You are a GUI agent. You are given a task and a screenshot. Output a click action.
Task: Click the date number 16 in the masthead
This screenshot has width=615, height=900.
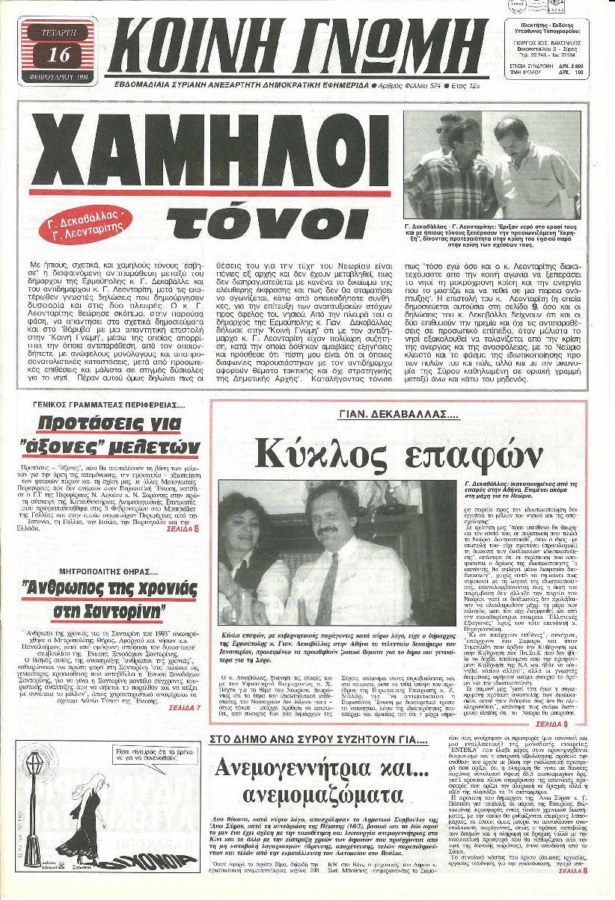(58, 54)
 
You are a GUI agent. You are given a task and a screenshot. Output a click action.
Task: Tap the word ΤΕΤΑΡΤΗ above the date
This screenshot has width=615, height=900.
(58, 33)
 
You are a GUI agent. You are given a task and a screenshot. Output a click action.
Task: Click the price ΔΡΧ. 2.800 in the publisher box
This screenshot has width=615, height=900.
(576, 67)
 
